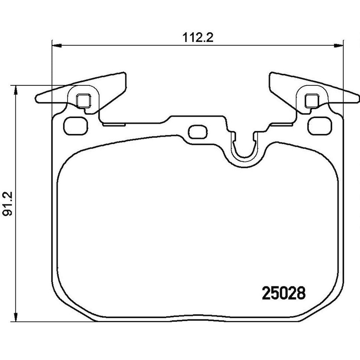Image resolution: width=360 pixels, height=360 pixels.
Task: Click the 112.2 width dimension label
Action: click(x=198, y=38)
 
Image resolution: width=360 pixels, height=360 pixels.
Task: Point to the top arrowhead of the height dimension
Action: click(x=16, y=90)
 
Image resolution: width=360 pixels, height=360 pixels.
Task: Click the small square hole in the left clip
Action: click(x=83, y=101)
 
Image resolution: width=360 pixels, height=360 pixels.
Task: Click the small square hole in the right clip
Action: click(x=312, y=101)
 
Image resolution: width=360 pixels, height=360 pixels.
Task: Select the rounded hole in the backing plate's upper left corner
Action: click(x=76, y=126)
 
